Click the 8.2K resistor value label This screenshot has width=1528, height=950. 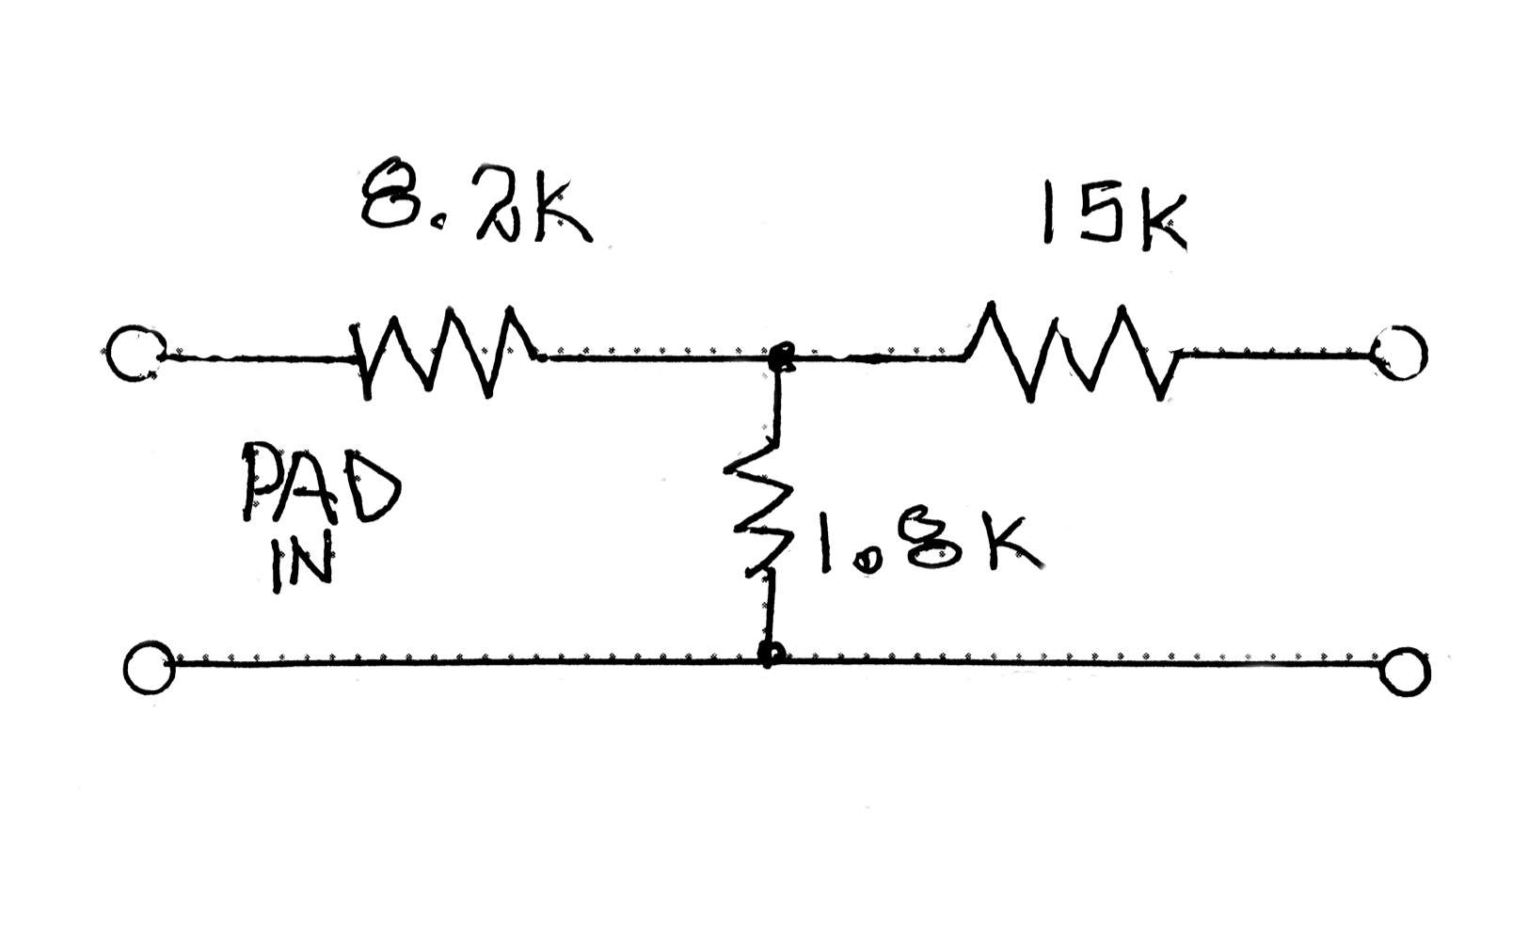476,200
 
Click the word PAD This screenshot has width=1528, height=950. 322,482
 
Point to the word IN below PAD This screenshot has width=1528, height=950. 302,562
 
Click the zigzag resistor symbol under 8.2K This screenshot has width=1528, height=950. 447,352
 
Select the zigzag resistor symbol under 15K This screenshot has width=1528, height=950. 1071,352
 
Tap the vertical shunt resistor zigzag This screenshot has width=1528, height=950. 758,505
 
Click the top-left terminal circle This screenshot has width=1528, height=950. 135,354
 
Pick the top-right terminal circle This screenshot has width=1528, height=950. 1401,353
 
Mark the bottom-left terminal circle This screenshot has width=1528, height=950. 149,669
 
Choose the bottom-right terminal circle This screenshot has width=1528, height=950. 1406,671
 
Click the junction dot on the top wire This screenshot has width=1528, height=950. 780,356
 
